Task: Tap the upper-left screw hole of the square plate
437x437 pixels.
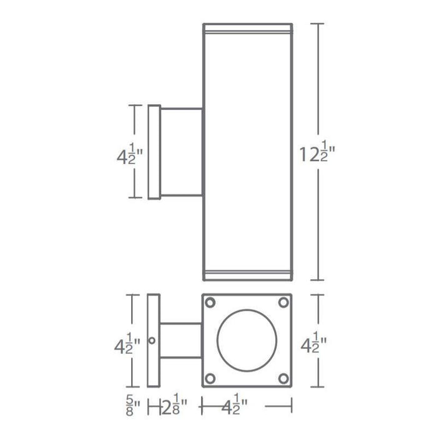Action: pos(211,303)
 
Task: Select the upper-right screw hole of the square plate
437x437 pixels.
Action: pos(283,303)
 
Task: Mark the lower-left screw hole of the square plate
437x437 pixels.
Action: pos(211,378)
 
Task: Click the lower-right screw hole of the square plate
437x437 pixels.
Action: pos(283,378)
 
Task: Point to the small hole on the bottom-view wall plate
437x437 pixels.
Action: pos(156,340)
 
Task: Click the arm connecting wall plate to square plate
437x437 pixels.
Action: pos(181,341)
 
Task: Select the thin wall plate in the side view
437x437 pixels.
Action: pos(154,152)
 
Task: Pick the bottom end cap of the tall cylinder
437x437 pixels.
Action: pos(248,275)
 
